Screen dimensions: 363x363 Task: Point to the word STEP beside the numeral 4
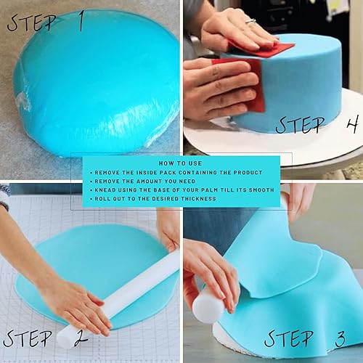[301, 124]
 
